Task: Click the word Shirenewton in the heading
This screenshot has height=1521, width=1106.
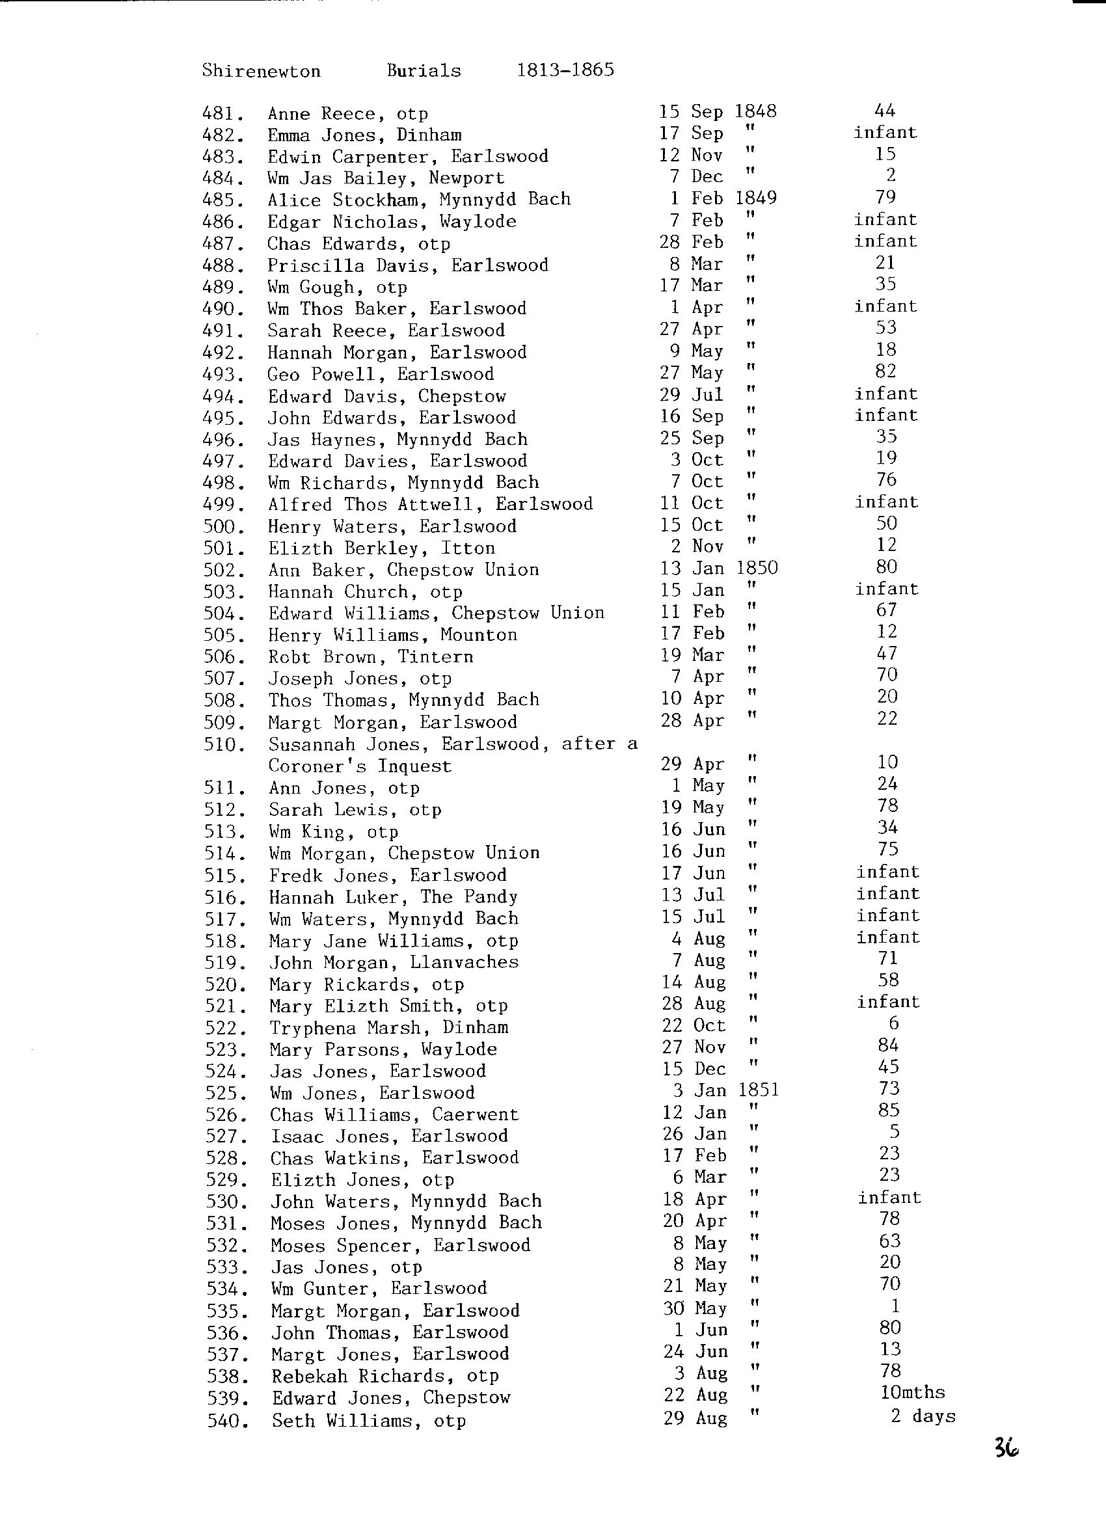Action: point(261,71)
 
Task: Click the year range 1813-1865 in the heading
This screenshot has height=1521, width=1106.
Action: point(565,70)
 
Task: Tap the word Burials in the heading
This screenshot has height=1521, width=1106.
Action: point(424,70)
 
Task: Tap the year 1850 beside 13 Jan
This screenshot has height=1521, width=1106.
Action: point(757,568)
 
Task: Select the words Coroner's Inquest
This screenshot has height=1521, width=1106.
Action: point(360,766)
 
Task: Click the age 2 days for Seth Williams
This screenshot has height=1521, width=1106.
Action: point(923,1416)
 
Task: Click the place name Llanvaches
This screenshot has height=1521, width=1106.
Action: point(464,962)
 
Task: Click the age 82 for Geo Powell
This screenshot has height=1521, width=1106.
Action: point(885,371)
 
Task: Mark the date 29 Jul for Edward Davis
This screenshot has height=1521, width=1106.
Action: point(691,395)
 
